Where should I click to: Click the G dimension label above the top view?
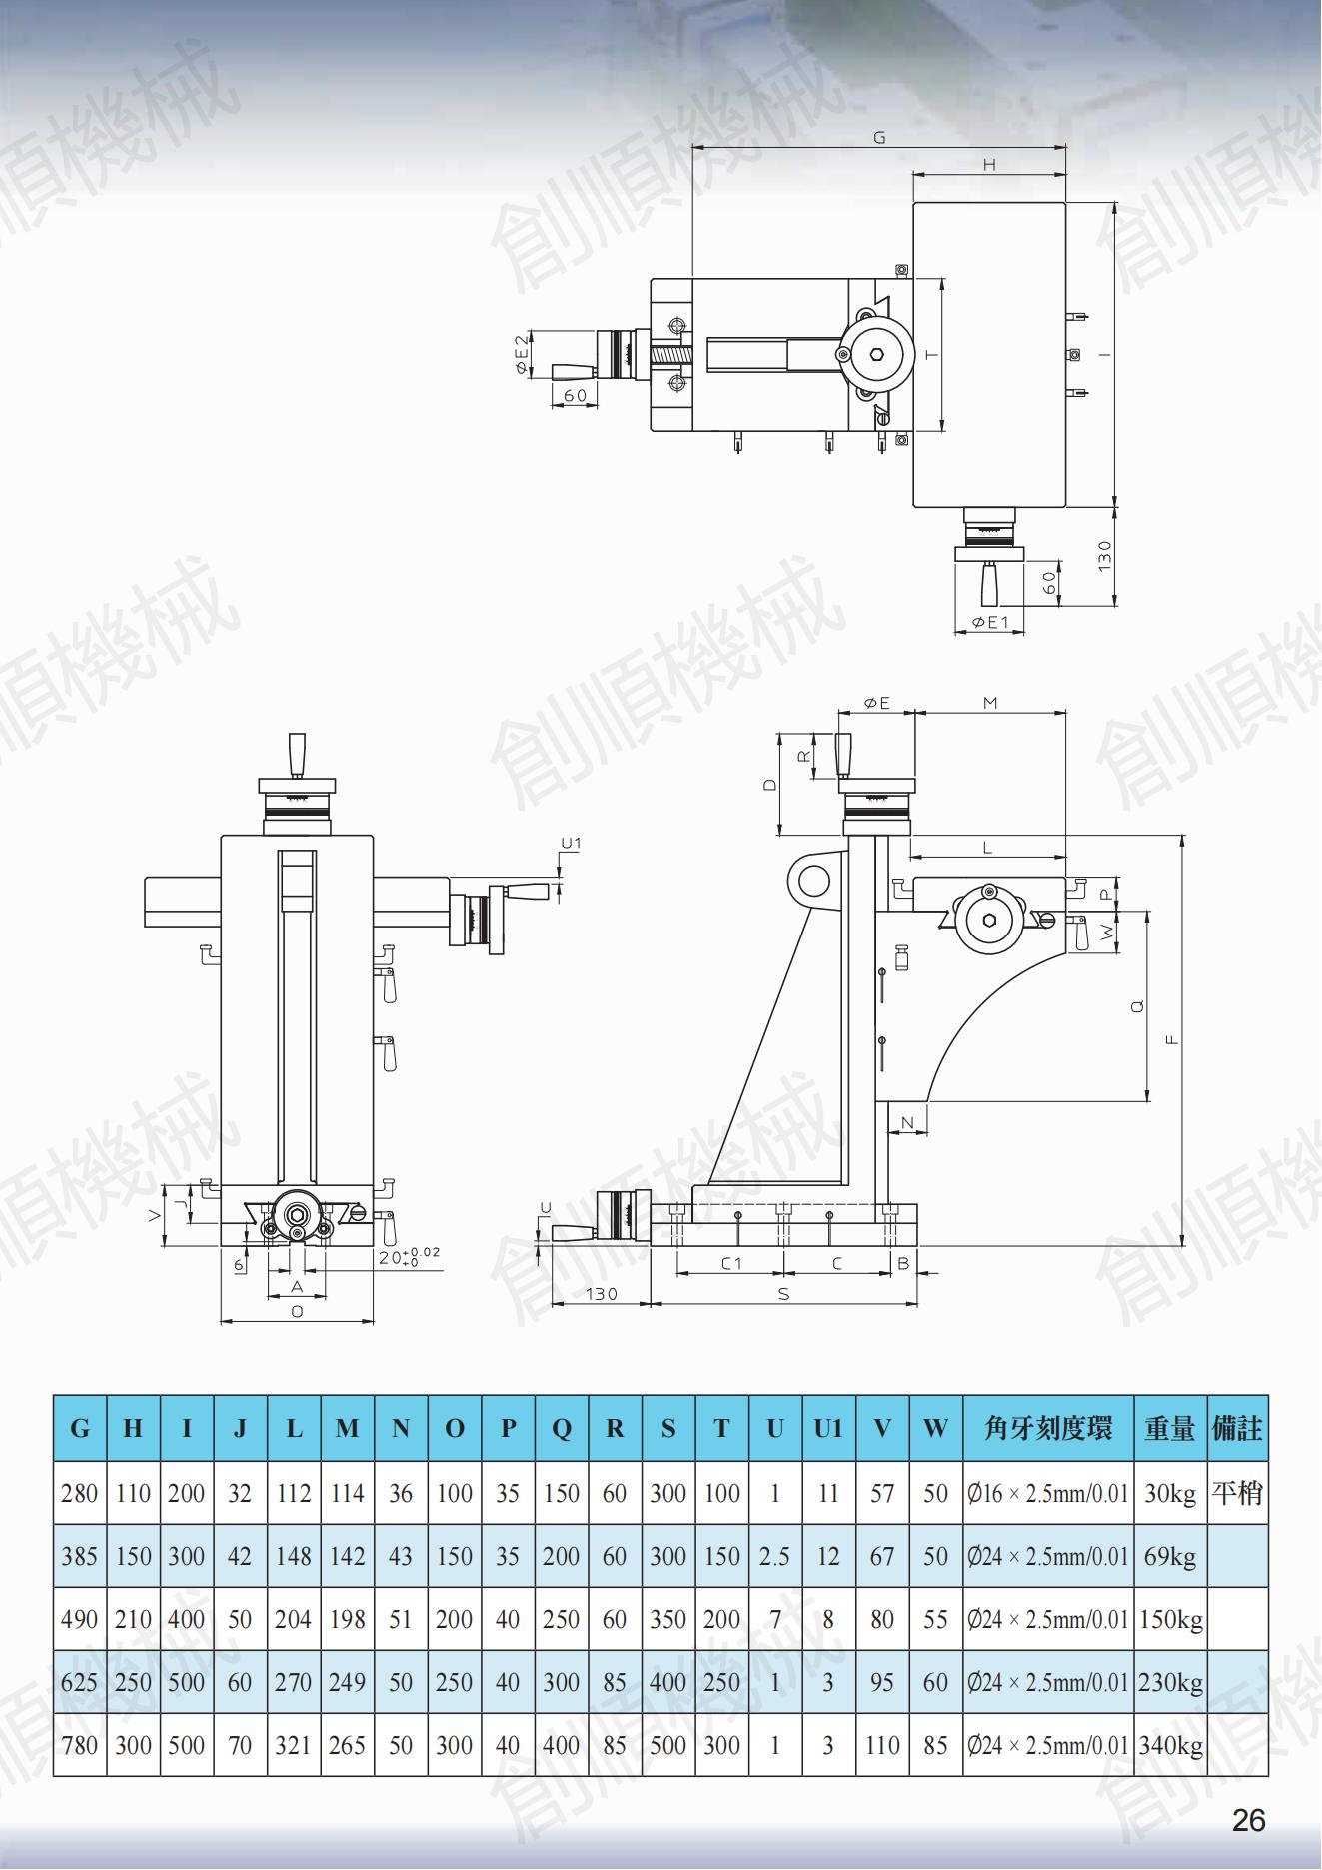tap(879, 138)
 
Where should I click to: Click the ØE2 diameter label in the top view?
tap(521, 355)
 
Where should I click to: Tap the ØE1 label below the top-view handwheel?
tap(990, 623)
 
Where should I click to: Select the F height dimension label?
tap(1172, 1039)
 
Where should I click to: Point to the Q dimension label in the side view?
tap(1137, 1007)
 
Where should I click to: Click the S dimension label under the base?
tap(784, 1294)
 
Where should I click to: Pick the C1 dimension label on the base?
tap(732, 1263)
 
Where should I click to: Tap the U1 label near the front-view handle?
tap(571, 844)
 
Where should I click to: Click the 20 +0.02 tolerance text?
tap(410, 1256)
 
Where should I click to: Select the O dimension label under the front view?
tap(297, 1312)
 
